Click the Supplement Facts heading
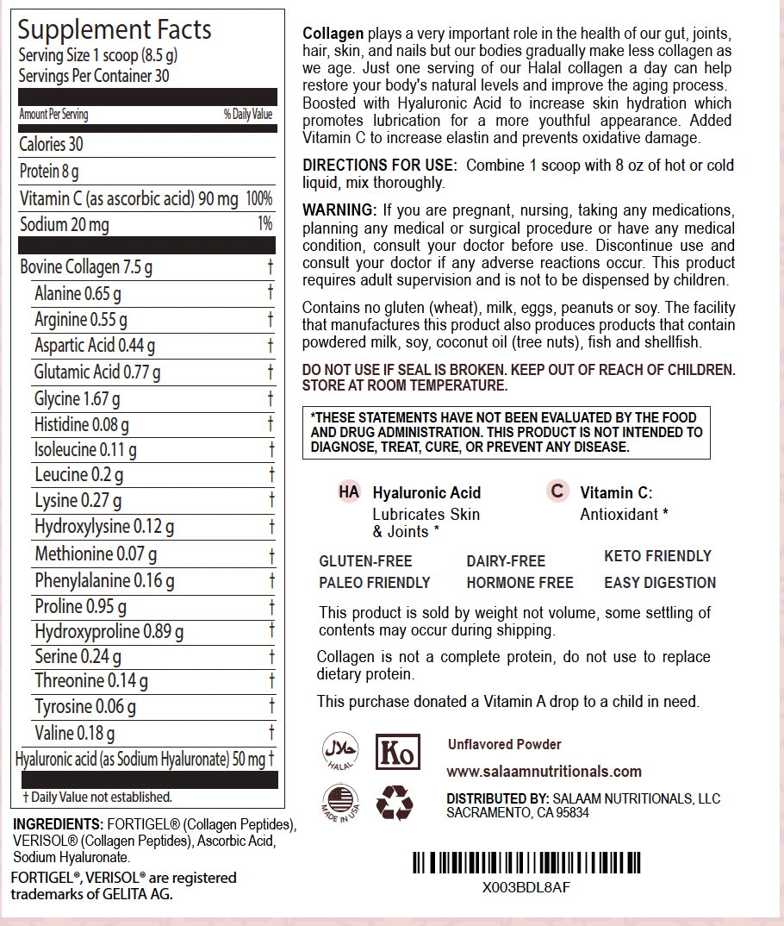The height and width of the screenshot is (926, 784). coord(115,30)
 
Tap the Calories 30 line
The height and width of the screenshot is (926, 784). coord(52,145)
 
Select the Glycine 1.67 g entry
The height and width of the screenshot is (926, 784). coord(78,399)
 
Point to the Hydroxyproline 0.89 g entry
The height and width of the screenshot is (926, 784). coord(109,632)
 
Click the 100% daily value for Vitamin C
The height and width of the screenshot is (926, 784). coord(258,199)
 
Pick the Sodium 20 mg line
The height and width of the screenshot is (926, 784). coord(65,225)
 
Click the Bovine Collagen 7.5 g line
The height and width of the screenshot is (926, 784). coord(86,267)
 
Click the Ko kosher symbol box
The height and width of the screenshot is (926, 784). coord(397,753)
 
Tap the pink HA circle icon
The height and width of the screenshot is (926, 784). coord(349,491)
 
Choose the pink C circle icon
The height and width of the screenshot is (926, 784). coord(557,491)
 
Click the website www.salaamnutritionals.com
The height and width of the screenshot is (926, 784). coord(544,772)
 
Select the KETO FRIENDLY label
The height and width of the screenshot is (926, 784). coord(657,556)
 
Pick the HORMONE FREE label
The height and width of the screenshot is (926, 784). coord(520,583)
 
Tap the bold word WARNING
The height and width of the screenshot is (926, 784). coord(339,211)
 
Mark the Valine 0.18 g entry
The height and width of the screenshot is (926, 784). coord(75,734)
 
